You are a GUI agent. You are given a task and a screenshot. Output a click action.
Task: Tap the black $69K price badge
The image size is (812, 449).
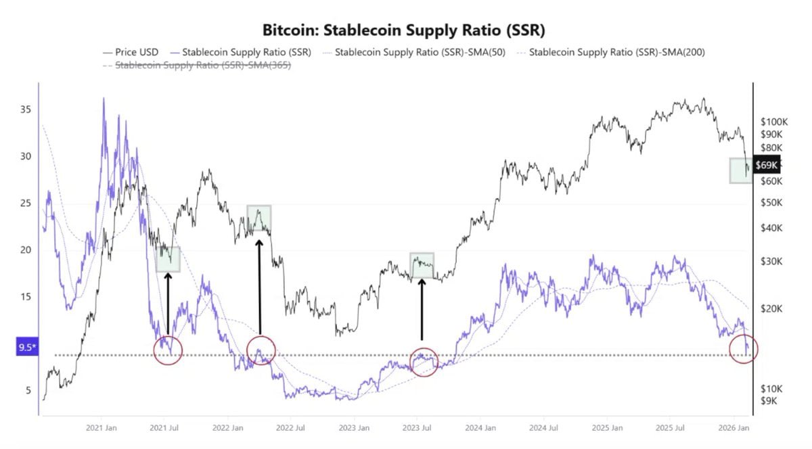tap(766, 165)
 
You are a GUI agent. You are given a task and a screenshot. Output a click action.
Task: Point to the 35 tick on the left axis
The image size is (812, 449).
tap(25, 110)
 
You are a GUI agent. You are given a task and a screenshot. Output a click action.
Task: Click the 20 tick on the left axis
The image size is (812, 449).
tap(25, 250)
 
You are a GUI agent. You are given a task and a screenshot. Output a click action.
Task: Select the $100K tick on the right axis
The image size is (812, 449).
tap(774, 122)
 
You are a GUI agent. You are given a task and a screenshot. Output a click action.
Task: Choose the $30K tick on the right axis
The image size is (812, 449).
tap(771, 261)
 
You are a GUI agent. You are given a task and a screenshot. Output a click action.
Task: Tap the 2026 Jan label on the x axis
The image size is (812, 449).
tap(734, 428)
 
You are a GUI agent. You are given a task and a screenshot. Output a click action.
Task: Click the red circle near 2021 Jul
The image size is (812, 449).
tap(168, 350)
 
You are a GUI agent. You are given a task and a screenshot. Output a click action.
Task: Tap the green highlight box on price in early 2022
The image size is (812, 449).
tap(258, 218)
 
